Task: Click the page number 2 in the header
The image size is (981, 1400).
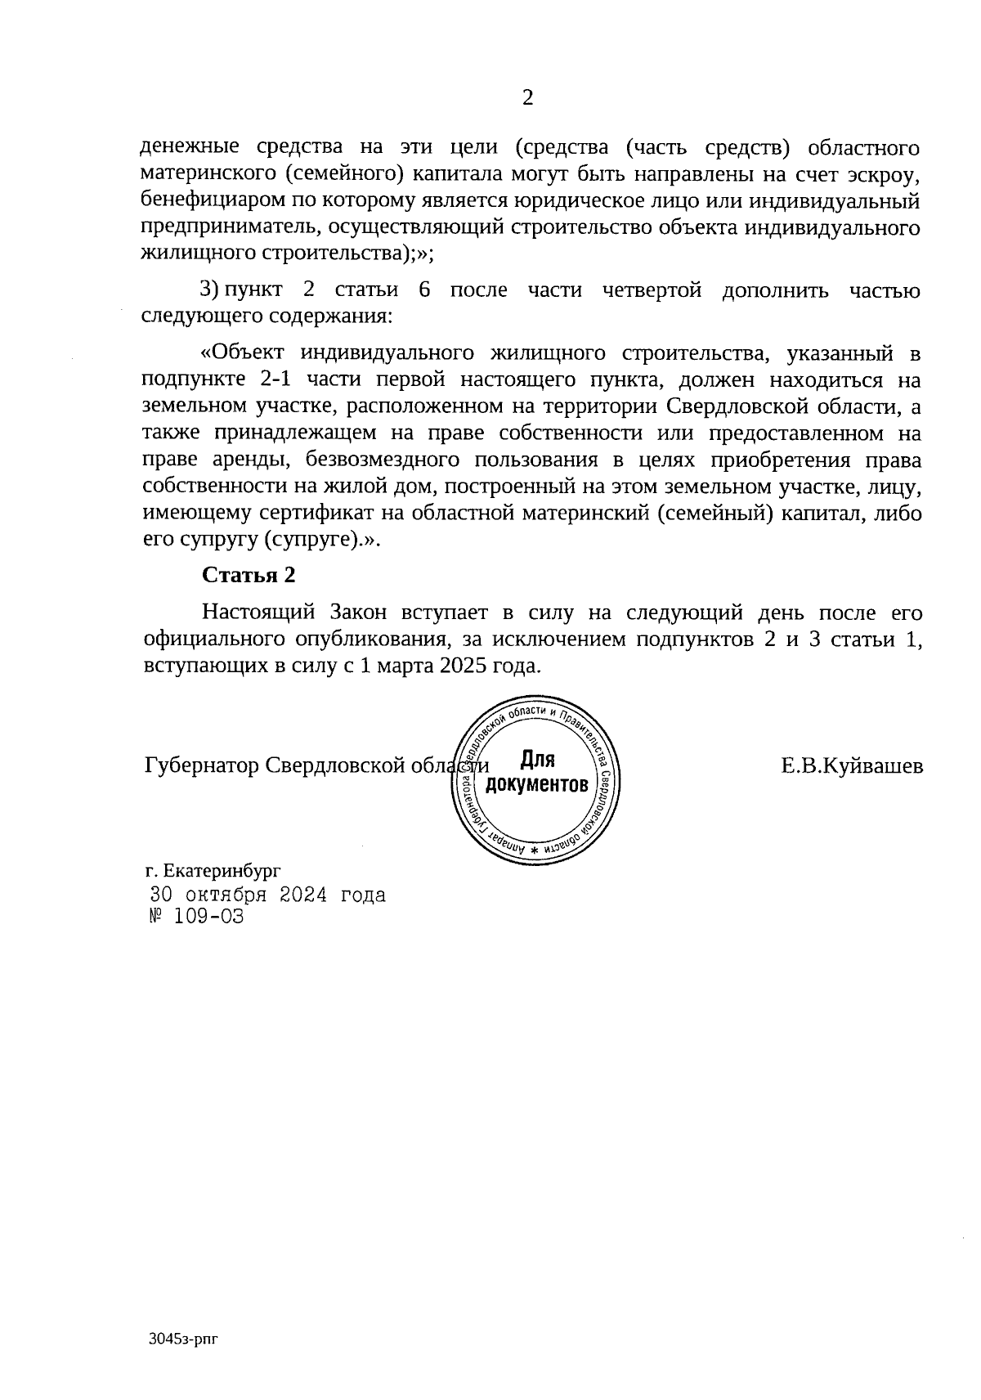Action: pos(527,99)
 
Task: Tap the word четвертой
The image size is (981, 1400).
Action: pos(652,291)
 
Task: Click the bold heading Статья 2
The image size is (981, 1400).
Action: pos(249,575)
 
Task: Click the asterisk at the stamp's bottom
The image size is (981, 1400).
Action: pos(535,851)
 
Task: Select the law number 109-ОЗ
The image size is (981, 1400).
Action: pos(208,917)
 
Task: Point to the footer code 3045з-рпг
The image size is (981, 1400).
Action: pos(185,1339)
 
